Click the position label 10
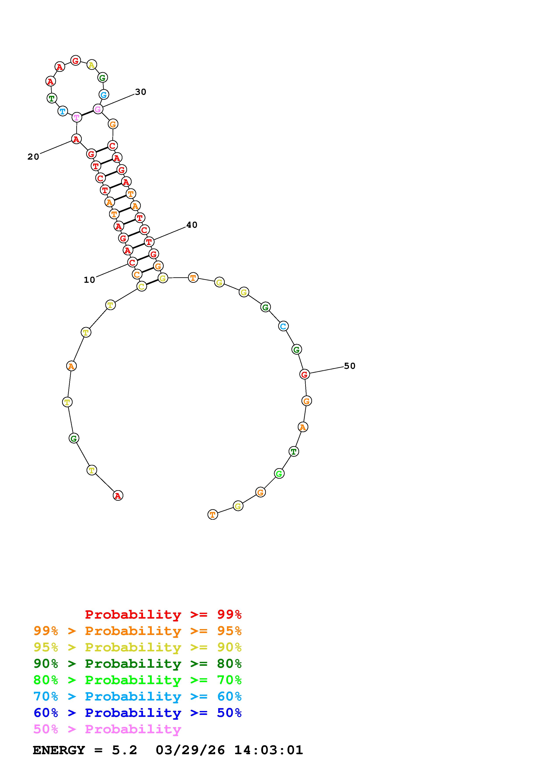[89, 280]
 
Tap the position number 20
[33, 157]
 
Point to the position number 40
[192, 225]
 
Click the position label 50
[350, 366]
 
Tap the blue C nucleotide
[283, 326]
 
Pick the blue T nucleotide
[63, 111]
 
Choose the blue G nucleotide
[103, 95]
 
